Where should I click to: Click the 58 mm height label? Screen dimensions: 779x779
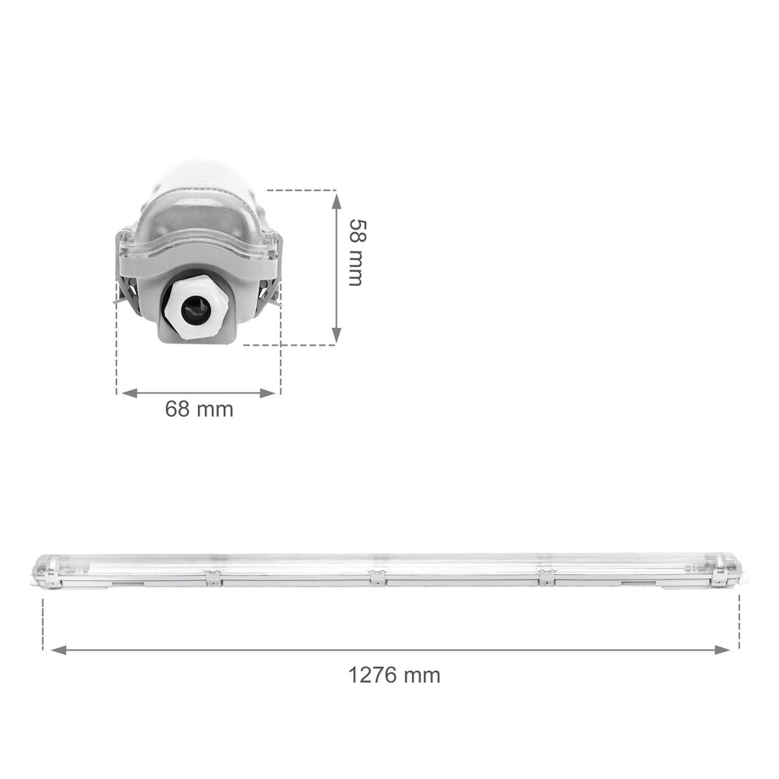tap(354, 252)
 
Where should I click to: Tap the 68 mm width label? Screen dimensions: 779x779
tap(199, 409)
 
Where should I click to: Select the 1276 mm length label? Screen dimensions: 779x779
tap(393, 674)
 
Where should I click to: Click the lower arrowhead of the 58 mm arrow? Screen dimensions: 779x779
tap(337, 337)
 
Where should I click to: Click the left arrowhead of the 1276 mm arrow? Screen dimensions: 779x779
tap(56, 649)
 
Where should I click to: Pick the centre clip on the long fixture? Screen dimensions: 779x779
tap(377, 577)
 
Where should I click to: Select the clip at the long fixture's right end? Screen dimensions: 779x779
tap(728, 575)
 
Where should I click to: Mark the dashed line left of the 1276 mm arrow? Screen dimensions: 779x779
tap(42, 623)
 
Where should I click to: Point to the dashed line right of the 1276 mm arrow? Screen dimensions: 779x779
tap(739, 623)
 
